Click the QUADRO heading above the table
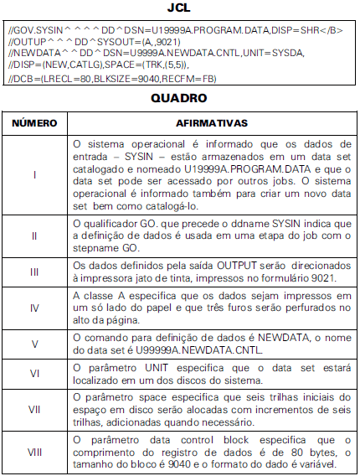click(x=180, y=98)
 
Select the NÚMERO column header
click(x=34, y=122)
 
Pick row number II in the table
click(x=34, y=235)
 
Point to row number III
click(x=34, y=272)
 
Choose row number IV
click(x=34, y=308)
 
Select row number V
click(x=34, y=344)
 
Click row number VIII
click(x=34, y=453)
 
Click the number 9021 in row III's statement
click(x=324, y=277)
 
